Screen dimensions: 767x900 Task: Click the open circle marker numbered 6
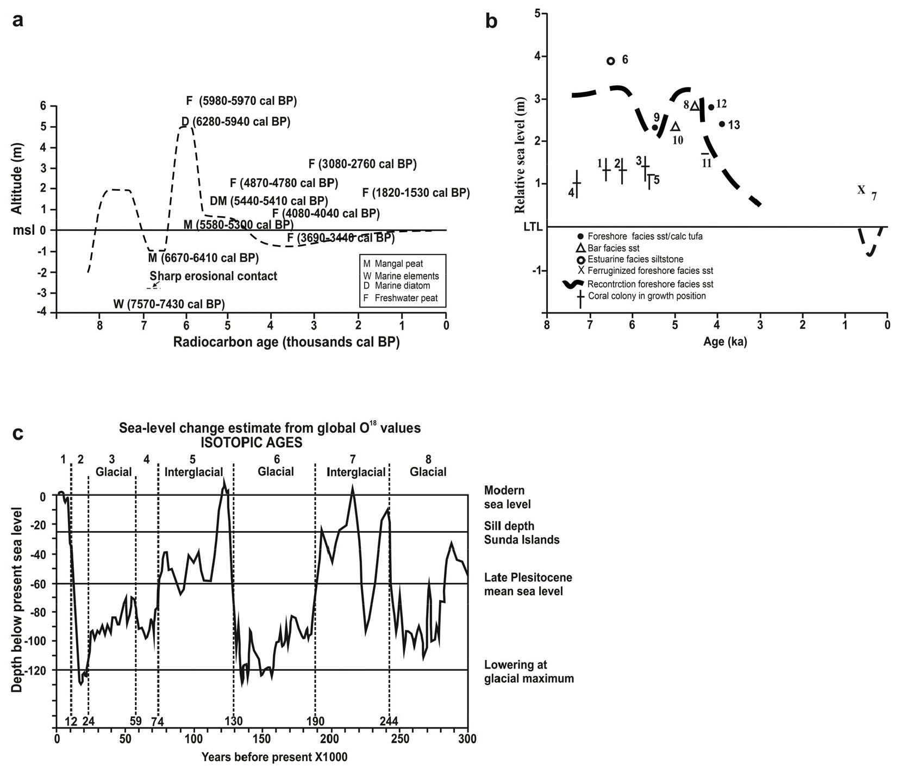610,61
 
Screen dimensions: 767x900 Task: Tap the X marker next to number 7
861,190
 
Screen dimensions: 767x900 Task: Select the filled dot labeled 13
722,124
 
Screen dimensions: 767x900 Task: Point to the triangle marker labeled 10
676,127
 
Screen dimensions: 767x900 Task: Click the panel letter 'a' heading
19,20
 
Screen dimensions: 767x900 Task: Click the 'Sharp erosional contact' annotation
213,276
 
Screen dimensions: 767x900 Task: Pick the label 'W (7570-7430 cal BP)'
169,304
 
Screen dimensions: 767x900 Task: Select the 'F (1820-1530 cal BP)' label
416,192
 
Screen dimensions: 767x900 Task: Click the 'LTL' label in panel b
533,227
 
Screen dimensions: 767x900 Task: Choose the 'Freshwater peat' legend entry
406,298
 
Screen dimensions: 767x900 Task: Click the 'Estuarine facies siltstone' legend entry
635,259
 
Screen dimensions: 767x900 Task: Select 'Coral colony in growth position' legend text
647,296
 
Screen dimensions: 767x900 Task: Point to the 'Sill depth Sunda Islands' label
521,533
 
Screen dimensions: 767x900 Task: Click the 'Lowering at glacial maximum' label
528,671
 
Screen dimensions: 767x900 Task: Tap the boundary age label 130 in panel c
233,721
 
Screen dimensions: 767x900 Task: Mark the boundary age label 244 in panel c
388,721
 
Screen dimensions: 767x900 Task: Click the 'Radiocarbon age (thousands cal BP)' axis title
286,342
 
